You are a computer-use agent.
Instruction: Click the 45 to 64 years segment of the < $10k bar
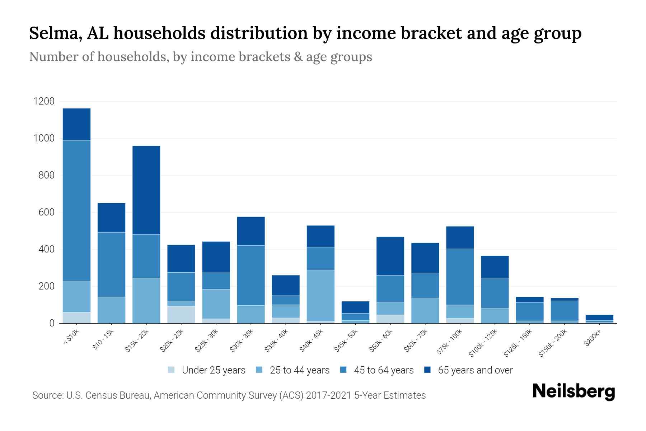coord(76,210)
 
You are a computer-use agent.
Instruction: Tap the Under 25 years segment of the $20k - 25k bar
coord(181,314)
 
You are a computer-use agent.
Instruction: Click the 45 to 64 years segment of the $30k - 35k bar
coord(251,275)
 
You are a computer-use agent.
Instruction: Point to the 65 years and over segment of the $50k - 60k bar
coord(390,256)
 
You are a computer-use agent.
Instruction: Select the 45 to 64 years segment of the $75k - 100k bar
coord(460,277)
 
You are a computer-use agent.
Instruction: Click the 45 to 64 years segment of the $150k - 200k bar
coord(565,310)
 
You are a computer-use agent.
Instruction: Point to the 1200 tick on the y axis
coord(44,101)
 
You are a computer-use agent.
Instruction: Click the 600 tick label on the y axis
coord(46,212)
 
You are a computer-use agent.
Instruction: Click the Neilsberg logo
coord(574,391)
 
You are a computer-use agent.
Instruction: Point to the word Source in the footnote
coord(47,395)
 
